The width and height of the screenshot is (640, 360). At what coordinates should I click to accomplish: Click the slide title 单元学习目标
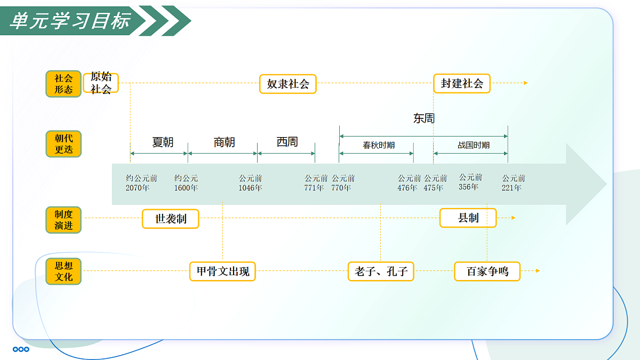(70, 21)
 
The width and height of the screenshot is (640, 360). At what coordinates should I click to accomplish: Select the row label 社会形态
(63, 84)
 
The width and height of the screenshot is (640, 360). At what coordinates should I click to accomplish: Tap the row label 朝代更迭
(63, 143)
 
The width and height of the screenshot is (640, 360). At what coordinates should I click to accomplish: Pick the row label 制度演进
(63, 220)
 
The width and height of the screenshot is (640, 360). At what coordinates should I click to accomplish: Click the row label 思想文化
(63, 271)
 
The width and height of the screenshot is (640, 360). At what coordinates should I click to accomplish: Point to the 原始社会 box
(101, 83)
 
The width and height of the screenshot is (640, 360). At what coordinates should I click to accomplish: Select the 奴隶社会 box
(288, 84)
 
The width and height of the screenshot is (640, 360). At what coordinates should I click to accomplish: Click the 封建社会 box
(462, 83)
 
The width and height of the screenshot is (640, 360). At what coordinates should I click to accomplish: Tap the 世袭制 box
(171, 219)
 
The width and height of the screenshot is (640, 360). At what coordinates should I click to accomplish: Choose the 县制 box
(468, 218)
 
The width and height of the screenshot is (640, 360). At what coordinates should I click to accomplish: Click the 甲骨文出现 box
(222, 271)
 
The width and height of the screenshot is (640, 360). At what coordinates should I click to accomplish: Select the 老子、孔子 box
(381, 271)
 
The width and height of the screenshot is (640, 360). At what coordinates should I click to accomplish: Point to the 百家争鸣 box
(487, 271)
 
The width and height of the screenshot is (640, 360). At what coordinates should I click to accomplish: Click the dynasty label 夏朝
(163, 142)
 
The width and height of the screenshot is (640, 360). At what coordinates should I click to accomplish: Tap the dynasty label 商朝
(224, 142)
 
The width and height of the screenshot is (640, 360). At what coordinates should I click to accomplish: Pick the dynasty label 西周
(287, 142)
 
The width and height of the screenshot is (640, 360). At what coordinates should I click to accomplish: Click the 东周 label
(424, 118)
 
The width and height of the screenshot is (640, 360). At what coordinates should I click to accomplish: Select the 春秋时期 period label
(379, 145)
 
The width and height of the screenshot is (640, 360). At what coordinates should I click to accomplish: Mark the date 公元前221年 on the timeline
(513, 183)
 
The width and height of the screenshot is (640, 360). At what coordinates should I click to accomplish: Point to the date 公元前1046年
(250, 183)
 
